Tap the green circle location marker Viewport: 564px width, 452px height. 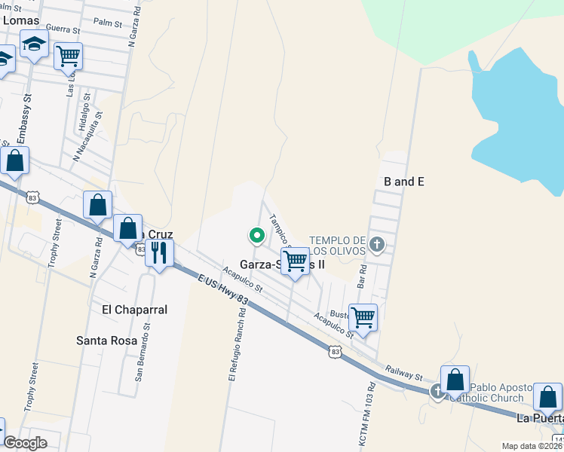point(256,236)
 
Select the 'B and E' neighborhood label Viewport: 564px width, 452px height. point(404,182)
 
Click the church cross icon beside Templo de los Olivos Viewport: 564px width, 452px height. point(378,243)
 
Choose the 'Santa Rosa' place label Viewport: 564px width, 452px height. point(107,341)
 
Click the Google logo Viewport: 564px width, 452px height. point(25,443)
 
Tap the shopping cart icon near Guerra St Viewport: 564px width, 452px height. point(68,55)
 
